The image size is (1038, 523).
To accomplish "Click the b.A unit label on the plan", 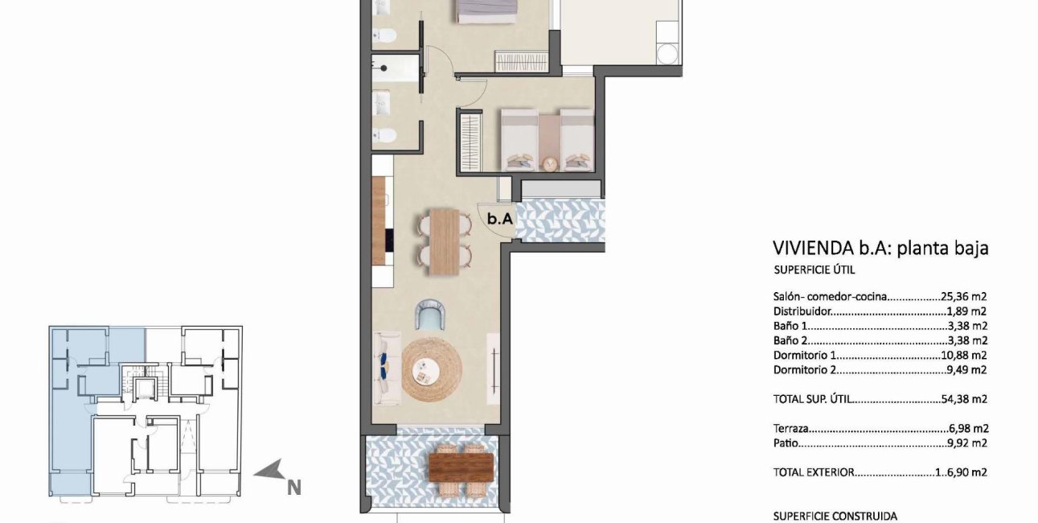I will pyautogui.click(x=500, y=216).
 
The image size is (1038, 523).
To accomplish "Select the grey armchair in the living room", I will pyautogui.click(x=430, y=315).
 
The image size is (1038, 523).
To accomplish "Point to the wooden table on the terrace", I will pyautogui.click(x=461, y=466).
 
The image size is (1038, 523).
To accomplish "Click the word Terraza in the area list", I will pyautogui.click(x=791, y=429).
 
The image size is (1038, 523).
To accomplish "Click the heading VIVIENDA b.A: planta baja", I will pyautogui.click(x=880, y=248).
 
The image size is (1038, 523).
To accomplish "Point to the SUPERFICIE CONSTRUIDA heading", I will pyautogui.click(x=835, y=517).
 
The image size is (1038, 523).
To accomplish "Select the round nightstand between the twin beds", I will pyautogui.click(x=550, y=163).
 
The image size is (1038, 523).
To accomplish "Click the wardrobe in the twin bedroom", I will pyautogui.click(x=469, y=141).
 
